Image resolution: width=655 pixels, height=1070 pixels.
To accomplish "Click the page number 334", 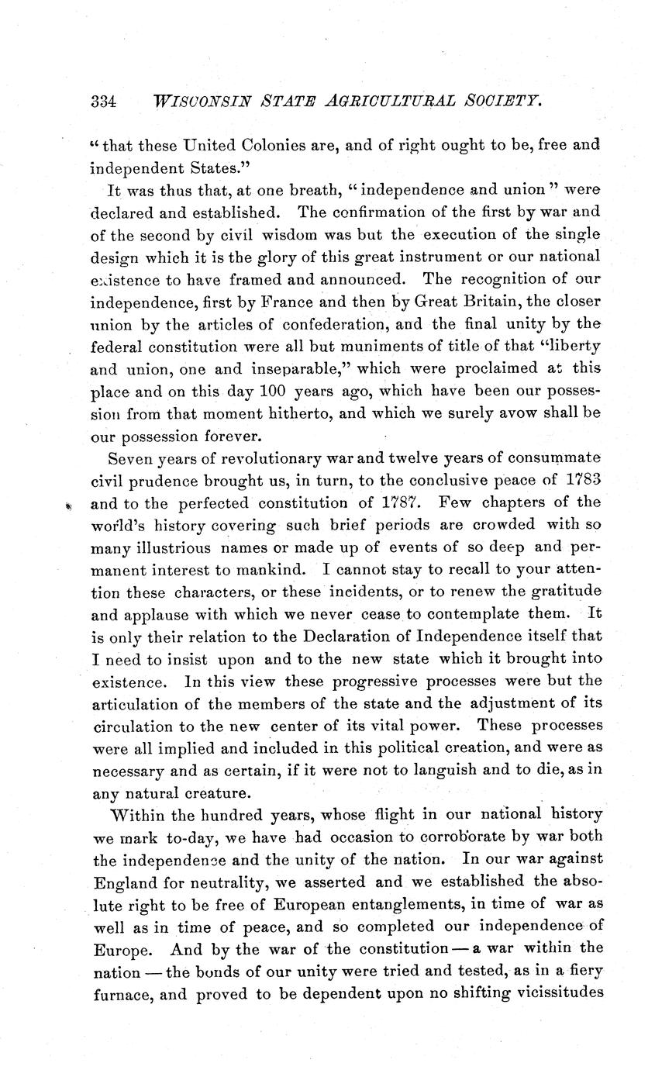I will (103, 101).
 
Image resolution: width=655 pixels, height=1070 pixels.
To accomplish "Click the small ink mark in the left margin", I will (69, 505).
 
